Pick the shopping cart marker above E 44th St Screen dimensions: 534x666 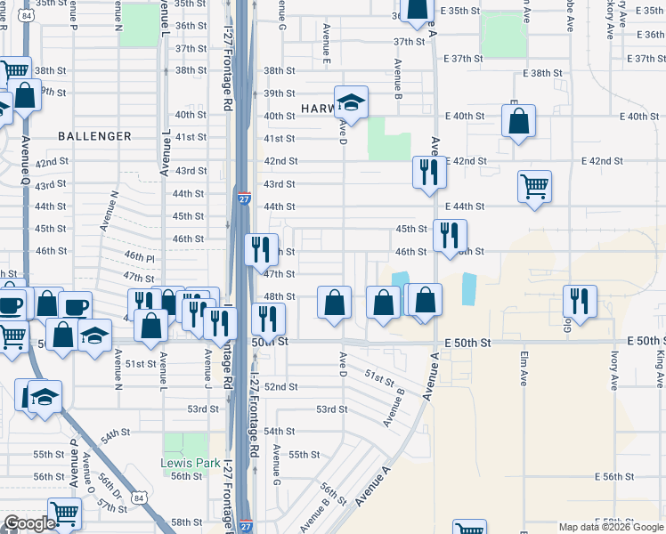tap(534, 187)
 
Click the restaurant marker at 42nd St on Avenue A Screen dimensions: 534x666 tap(429, 171)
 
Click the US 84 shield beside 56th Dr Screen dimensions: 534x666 tap(139, 499)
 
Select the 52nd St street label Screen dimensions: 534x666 tap(280, 387)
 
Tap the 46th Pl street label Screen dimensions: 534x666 tap(139, 256)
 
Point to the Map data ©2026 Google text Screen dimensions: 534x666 tap(611, 527)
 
